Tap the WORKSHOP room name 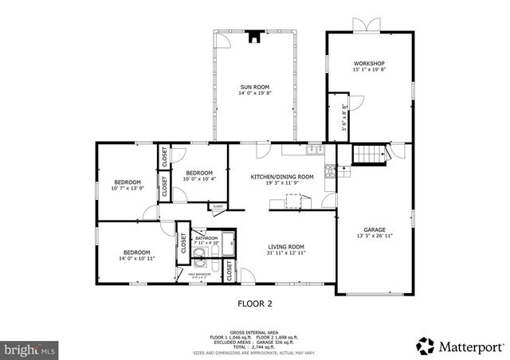click(x=369, y=64)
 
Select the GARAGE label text click(x=374, y=229)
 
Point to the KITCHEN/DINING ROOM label click(x=282, y=176)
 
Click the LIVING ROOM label click(x=286, y=247)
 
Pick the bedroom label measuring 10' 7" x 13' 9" click(x=127, y=181)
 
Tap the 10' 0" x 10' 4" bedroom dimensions click(x=199, y=178)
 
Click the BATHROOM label click(x=206, y=238)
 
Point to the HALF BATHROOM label click(x=199, y=275)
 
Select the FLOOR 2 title click(x=255, y=303)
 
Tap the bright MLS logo click(x=29, y=349)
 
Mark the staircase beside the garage click(x=366, y=155)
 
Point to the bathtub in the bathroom click(x=227, y=244)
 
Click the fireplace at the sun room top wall click(x=254, y=36)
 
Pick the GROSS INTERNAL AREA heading click(x=254, y=332)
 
